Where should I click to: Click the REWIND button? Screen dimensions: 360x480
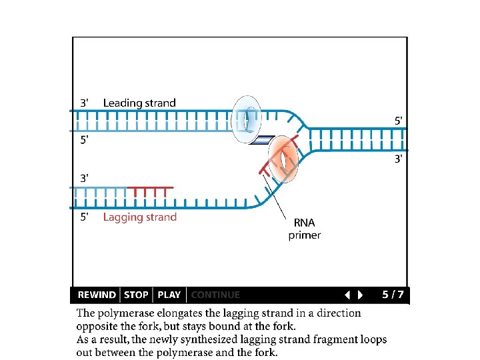coord(97,295)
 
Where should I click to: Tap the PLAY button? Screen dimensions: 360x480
coord(169,295)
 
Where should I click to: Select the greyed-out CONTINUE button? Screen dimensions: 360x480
coord(215,295)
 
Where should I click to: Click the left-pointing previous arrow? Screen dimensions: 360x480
coord(347,295)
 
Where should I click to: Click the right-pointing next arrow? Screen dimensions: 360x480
coord(361,295)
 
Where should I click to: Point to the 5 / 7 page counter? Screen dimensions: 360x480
coord(393,295)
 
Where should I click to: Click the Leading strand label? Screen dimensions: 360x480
coord(139,103)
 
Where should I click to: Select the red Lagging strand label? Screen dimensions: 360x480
coord(140,217)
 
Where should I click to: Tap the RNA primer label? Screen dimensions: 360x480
coord(305,229)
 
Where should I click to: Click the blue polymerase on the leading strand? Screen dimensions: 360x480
coord(245,119)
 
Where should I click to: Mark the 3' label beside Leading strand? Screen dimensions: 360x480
coord(84,103)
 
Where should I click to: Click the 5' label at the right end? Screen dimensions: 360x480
coord(398,121)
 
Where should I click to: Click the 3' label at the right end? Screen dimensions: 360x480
coord(398,159)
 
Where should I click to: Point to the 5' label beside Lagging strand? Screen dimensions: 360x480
coord(84,217)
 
